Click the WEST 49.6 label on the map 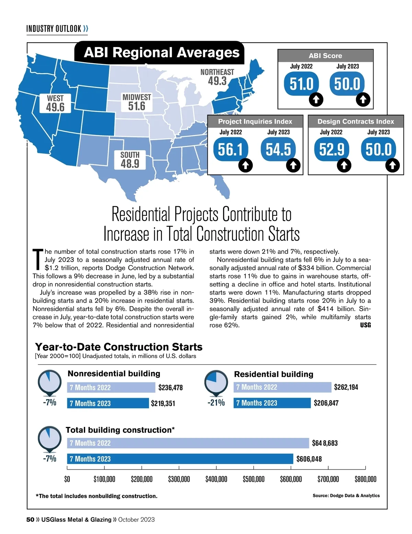coord(55,103)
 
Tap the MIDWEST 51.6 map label coord(137,102)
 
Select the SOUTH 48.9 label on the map coord(130,160)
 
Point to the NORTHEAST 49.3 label coord(217,77)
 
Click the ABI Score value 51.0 coord(301,84)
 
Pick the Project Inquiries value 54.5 coord(278,149)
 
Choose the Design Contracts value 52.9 coord(331,149)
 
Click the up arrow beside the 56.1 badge coord(245,165)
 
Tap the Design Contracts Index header coord(356,121)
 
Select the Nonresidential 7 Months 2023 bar coord(108,403)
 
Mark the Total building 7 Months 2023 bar coord(180,459)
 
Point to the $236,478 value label coord(170,388)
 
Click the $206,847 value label coord(326,403)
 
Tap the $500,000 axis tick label coord(253,479)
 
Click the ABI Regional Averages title coord(161,53)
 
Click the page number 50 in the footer coord(30,520)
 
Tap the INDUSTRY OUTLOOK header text coord(54,28)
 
